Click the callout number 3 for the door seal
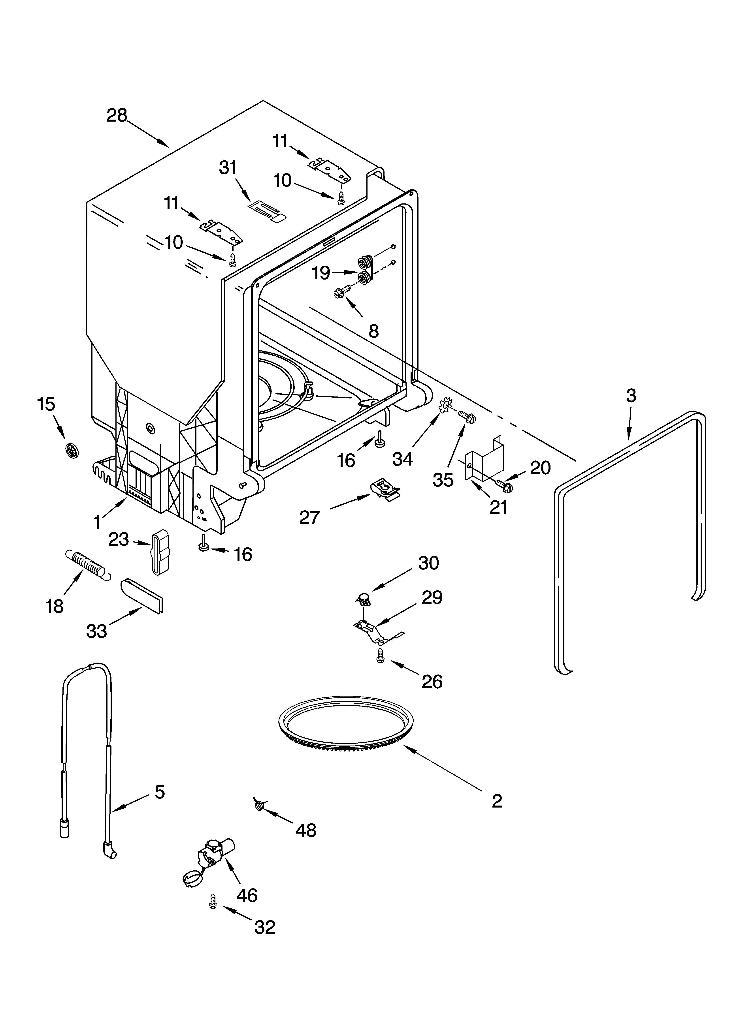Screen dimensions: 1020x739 (631, 396)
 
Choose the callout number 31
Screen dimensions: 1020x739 (228, 168)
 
